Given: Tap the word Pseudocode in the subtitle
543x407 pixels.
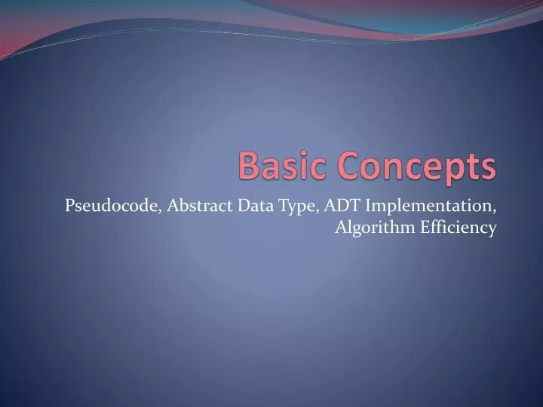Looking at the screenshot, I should [112, 205].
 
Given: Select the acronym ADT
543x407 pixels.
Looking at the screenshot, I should [342, 205].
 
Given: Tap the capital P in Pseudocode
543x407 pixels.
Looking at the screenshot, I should [69, 205].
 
